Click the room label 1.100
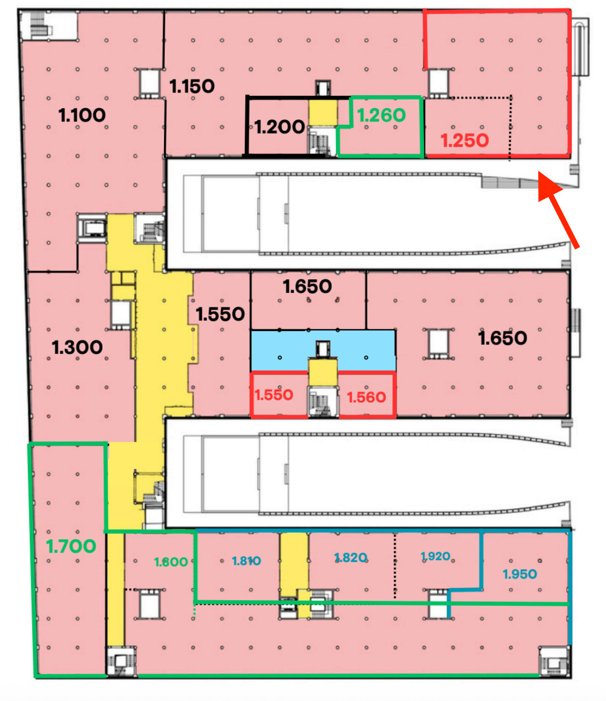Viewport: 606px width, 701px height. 82,115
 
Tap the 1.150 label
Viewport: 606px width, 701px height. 192,86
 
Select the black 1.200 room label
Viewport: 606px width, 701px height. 279,127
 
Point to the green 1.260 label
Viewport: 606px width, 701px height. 381,115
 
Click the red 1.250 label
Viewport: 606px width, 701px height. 464,141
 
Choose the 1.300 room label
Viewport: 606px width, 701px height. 77,348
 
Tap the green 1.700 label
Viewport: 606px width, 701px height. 71,546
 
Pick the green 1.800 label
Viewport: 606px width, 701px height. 171,562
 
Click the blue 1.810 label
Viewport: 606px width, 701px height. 246,561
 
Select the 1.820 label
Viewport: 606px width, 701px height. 351,558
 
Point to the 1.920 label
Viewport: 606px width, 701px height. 435,557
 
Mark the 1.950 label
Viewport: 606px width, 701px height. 520,574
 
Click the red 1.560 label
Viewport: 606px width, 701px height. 366,398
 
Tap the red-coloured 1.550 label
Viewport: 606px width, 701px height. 274,395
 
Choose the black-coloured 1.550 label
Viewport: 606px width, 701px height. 220,314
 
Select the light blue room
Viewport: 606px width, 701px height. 323,350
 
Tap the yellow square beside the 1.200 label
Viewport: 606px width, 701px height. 323,113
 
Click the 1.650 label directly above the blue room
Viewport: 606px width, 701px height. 307,287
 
